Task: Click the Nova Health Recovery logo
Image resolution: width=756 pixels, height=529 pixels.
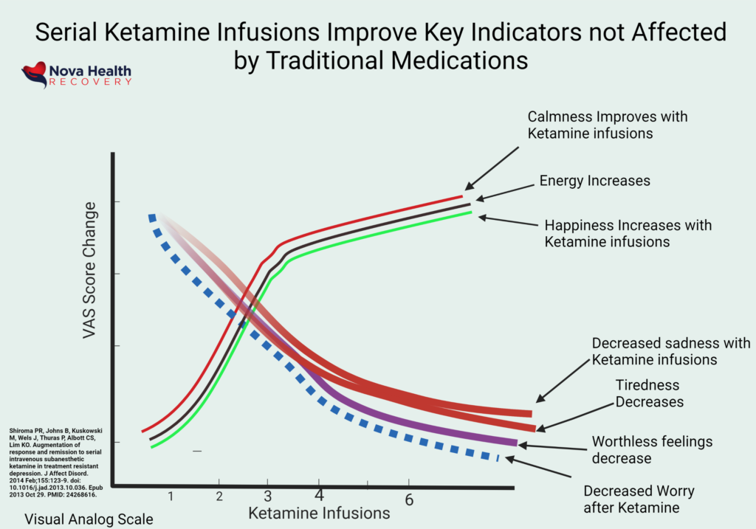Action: point(77,75)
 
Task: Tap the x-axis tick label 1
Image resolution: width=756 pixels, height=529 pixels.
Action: point(171,495)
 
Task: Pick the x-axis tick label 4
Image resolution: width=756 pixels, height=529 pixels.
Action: point(319,494)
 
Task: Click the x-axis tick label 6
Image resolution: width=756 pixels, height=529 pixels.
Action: point(408,499)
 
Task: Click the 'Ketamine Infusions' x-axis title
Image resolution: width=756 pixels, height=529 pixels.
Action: point(318,512)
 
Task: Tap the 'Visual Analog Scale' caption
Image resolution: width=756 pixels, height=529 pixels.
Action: point(89,519)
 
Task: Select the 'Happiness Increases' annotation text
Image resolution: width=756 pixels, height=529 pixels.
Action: point(628,233)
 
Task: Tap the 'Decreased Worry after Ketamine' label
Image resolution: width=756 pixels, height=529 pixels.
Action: point(639,499)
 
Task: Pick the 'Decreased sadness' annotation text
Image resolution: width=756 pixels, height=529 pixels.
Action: point(654,352)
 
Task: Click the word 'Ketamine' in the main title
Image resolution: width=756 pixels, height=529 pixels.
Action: point(283,32)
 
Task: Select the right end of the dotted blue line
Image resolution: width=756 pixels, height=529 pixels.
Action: point(497,458)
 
